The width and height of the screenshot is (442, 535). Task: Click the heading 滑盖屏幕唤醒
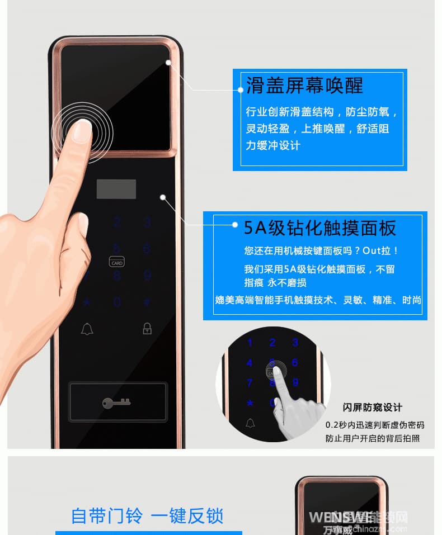tap(304, 86)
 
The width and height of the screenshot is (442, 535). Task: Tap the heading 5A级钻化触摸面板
tap(319, 228)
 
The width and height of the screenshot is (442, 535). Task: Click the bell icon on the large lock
tap(87, 329)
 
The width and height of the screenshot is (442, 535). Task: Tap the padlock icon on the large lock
tap(147, 328)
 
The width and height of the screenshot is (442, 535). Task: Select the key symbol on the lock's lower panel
tap(116, 402)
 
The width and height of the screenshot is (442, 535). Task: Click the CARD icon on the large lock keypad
tap(116, 262)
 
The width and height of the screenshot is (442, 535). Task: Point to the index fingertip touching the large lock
tap(82, 130)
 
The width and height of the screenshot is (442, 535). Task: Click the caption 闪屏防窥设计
tap(372, 408)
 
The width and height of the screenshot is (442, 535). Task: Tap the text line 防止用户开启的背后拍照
tap(372, 438)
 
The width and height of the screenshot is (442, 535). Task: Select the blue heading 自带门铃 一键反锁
tap(147, 515)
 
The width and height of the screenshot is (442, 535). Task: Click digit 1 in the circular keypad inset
tap(250, 343)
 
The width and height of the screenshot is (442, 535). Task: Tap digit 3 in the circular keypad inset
tap(295, 343)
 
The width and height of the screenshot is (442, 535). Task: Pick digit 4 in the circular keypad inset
tap(250, 363)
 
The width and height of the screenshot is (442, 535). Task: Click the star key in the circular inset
tap(250, 403)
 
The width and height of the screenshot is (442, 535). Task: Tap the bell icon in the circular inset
tap(250, 423)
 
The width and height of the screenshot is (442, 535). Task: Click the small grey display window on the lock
tap(116, 189)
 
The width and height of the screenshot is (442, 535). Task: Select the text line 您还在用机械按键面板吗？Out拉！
tap(322, 251)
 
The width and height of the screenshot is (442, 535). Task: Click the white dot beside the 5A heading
tap(236, 225)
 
